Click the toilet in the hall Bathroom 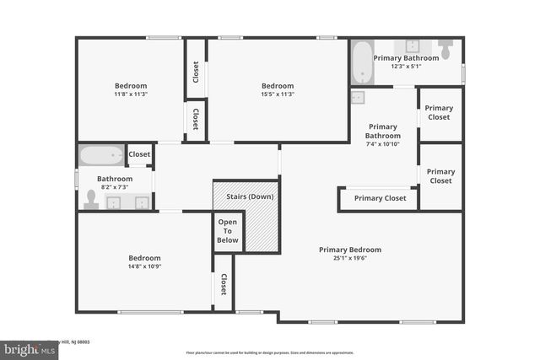91,200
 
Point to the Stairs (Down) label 250,196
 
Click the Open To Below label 228,230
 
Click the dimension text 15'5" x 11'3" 278,94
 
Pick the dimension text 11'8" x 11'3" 131,94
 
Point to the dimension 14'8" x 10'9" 144,267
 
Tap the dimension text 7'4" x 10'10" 382,144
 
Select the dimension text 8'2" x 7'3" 115,187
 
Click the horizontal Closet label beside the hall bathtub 139,154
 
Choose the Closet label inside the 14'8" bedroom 224,284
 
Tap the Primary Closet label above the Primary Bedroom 380,198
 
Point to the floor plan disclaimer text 270,352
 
